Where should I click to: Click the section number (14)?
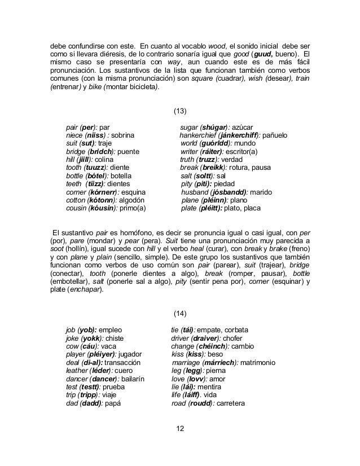[179, 313]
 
